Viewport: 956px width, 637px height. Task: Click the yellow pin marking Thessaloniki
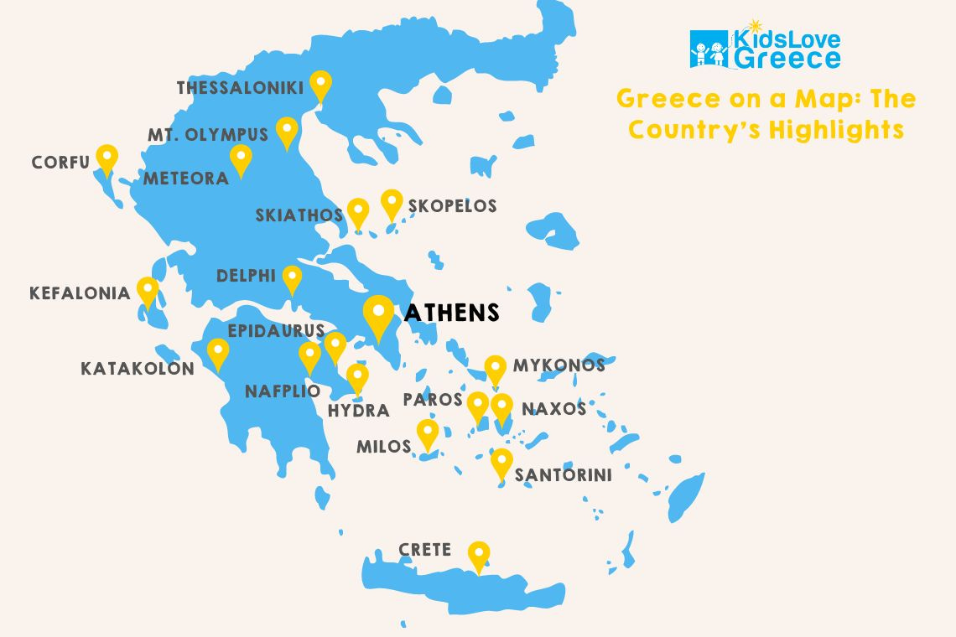320,85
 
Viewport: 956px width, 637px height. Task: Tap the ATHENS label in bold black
452,313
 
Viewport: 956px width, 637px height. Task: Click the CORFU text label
60,163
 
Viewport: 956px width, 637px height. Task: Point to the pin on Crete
479,555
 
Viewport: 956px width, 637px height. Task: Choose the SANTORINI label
563,475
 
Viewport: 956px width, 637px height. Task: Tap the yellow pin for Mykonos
496,369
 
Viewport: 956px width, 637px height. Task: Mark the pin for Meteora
241,158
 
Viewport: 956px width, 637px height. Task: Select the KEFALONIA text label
80,293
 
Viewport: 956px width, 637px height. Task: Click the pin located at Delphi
292,278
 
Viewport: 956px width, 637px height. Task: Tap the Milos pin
428,432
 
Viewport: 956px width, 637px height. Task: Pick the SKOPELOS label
452,206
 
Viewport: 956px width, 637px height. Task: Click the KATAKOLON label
138,369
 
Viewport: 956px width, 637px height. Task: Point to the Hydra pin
358,377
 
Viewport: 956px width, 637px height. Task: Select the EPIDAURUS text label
276,331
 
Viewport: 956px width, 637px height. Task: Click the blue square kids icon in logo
709,49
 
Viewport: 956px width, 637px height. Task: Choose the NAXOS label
553,409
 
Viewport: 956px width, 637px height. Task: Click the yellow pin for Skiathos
358,212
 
